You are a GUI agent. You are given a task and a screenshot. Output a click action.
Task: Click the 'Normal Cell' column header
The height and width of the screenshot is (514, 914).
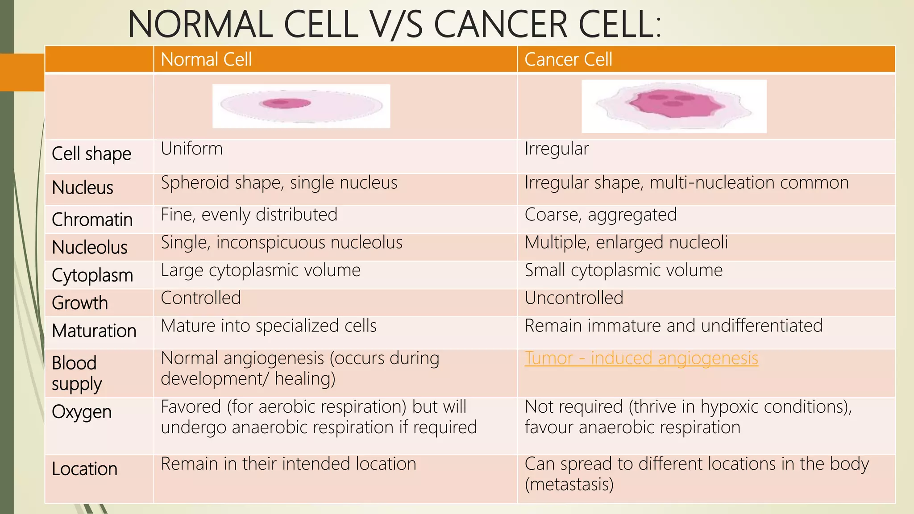206,59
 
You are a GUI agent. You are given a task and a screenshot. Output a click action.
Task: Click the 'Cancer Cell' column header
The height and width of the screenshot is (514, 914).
568,59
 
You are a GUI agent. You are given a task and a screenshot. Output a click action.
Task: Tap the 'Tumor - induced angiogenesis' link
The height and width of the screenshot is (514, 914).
641,358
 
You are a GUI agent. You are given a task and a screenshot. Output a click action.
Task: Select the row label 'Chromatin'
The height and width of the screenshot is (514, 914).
92,220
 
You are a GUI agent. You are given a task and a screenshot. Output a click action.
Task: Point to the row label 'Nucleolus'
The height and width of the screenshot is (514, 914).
89,247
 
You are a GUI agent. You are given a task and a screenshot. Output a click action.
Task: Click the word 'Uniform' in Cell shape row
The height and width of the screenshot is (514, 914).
191,149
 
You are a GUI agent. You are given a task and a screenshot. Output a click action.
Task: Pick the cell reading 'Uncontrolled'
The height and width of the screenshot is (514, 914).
574,298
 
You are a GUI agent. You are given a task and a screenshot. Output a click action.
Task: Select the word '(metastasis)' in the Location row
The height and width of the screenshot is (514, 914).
569,485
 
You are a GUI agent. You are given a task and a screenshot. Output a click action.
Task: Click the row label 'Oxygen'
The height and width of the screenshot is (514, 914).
82,412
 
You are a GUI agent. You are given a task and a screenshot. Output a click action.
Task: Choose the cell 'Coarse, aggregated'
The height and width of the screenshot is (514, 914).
601,215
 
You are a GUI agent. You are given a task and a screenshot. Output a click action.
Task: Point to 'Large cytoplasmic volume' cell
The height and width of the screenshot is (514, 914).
261,270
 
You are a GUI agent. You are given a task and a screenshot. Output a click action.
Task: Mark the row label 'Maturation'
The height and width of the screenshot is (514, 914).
94,331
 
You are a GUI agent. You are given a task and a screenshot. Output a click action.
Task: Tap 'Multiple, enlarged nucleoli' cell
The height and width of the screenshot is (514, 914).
626,243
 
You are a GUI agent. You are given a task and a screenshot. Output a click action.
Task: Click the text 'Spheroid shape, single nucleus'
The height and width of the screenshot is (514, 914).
279,183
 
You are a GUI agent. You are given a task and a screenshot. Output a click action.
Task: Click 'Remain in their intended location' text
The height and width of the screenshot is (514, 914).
288,464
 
